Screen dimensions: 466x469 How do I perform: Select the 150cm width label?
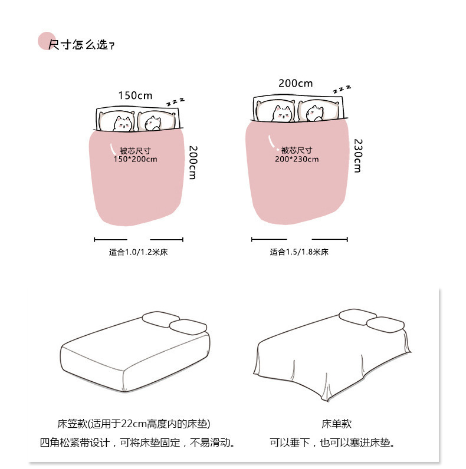(135, 95)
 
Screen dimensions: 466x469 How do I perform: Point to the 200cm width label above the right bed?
(296, 84)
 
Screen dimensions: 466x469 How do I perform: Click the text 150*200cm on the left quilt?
(135, 159)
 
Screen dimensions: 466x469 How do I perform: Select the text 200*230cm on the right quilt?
(296, 159)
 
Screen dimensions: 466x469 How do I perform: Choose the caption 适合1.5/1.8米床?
(298, 252)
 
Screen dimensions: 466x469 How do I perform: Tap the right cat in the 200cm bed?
(315, 113)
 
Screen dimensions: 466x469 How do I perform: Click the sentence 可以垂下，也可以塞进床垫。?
(333, 442)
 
